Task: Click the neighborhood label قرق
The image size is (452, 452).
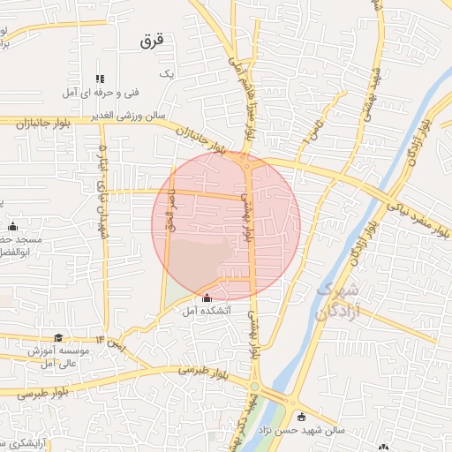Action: pos(153,41)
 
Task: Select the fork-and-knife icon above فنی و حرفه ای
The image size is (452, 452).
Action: pos(100,79)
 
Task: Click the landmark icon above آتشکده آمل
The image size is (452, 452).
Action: pos(207,298)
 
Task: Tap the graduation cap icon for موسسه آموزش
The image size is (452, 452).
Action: pos(58,338)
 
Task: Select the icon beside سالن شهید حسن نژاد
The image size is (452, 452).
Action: pos(302,417)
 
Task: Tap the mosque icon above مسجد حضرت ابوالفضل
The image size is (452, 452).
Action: pos(12,227)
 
